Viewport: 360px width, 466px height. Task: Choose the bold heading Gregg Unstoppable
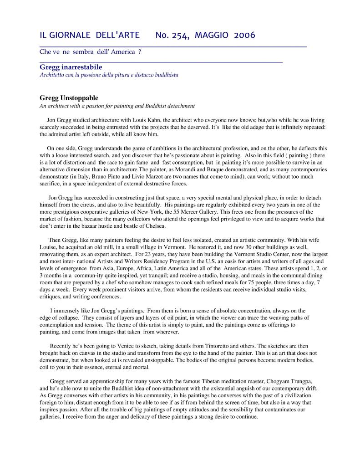click(69, 98)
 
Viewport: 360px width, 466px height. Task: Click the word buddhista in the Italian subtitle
click(164, 75)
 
